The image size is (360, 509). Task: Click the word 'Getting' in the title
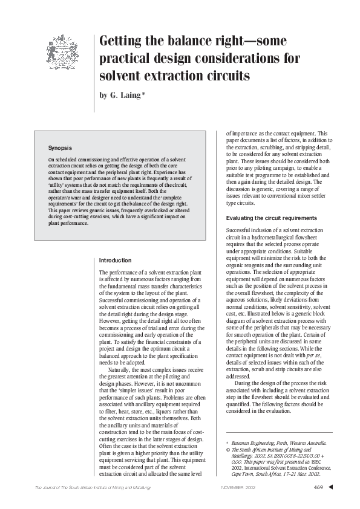click(x=123, y=42)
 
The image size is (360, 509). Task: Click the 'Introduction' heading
click(x=115, y=261)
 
